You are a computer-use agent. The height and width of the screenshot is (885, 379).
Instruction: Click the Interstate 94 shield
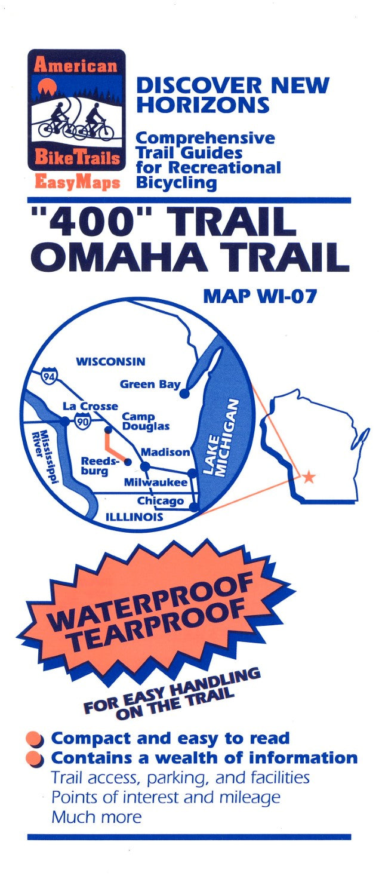(49, 376)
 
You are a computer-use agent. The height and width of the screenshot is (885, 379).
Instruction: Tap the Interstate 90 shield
(82, 422)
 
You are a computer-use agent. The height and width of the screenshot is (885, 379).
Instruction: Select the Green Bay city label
(150, 384)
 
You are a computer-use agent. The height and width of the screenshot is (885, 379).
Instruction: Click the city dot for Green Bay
(184, 394)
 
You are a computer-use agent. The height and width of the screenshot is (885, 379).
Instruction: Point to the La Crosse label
(90, 406)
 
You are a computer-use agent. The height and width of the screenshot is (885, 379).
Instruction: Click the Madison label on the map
(165, 453)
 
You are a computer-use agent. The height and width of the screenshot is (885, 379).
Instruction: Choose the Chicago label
(161, 500)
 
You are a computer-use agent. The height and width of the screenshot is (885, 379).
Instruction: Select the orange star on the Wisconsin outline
(309, 477)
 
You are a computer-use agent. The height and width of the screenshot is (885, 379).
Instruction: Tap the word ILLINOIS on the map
(134, 517)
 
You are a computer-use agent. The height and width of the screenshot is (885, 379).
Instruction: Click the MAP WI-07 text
(259, 296)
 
